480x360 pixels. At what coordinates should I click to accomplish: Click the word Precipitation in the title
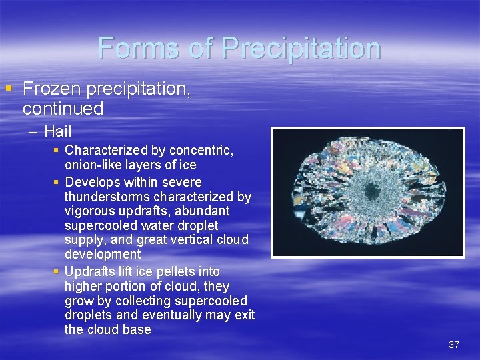(x=301, y=48)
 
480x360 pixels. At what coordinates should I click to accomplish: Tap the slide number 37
(x=454, y=345)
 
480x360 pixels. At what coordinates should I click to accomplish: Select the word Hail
(x=57, y=132)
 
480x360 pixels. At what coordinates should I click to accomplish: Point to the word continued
(x=63, y=108)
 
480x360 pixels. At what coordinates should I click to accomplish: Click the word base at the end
(x=137, y=329)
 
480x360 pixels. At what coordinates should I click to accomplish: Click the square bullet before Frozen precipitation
(x=8, y=88)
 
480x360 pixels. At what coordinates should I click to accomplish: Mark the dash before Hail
(x=33, y=132)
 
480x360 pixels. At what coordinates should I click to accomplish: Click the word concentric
(x=202, y=150)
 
